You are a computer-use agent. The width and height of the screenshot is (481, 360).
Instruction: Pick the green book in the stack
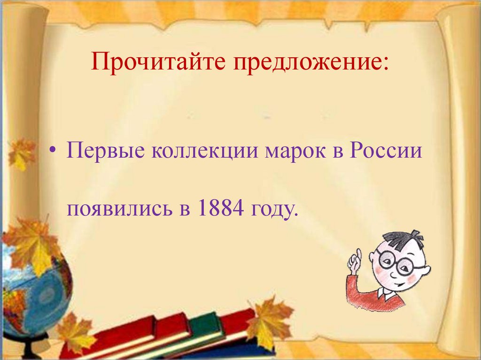(x=204, y=324)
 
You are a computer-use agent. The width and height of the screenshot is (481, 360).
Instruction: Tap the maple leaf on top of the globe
(x=31, y=244)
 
